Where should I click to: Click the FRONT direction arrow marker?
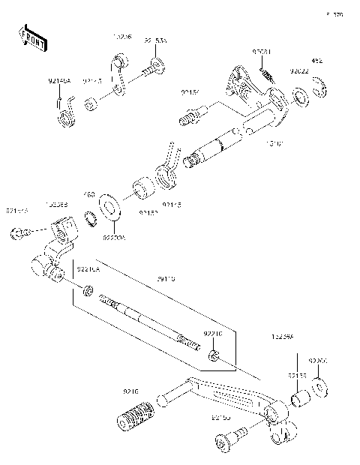[32, 38]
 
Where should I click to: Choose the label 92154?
[189, 92]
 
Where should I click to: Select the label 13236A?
[283, 338]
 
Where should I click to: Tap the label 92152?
[127, 212]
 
